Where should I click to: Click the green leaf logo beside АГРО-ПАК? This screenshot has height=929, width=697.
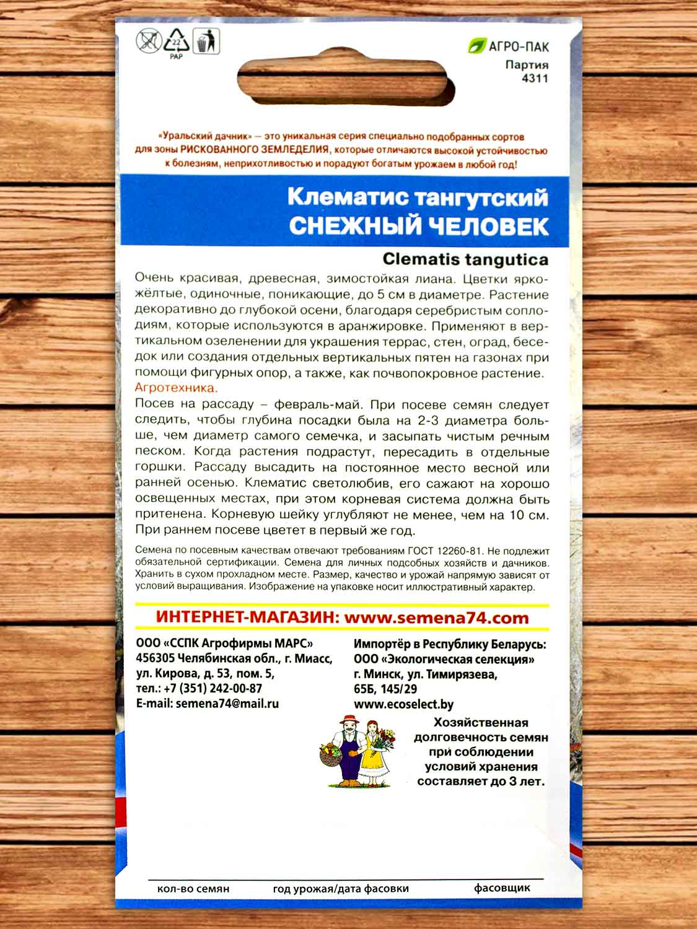[x=476, y=46]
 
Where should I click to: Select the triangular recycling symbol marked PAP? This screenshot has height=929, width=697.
[x=176, y=43]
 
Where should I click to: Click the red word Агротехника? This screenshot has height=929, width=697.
[x=176, y=388]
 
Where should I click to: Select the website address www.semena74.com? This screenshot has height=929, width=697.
[x=436, y=617]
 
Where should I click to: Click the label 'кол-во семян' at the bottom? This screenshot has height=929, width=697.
[x=193, y=888]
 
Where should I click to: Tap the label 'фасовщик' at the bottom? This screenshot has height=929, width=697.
[x=502, y=888]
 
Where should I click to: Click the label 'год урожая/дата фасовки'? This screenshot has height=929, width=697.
[x=341, y=888]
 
